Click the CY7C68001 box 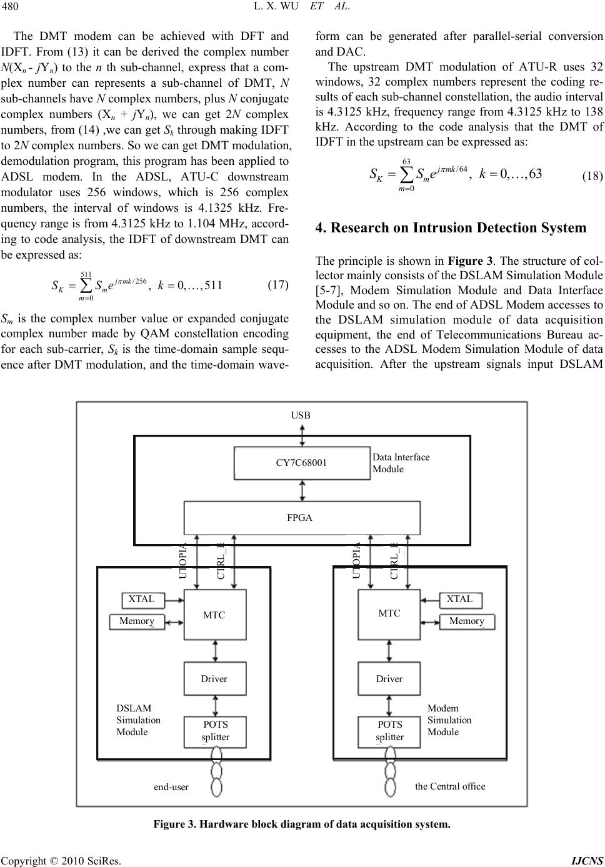302,463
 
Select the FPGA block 302,518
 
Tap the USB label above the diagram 301,415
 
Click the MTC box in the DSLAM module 215,615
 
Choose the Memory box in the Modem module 467,622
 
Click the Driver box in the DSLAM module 215,678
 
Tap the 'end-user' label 171,787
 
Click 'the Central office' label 450,786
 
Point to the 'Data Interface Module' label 401,463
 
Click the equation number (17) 278,285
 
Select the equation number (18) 592,176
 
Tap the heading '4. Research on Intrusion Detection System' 451,227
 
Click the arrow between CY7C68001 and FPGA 302,490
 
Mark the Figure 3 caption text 302,824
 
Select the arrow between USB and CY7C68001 302,436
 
